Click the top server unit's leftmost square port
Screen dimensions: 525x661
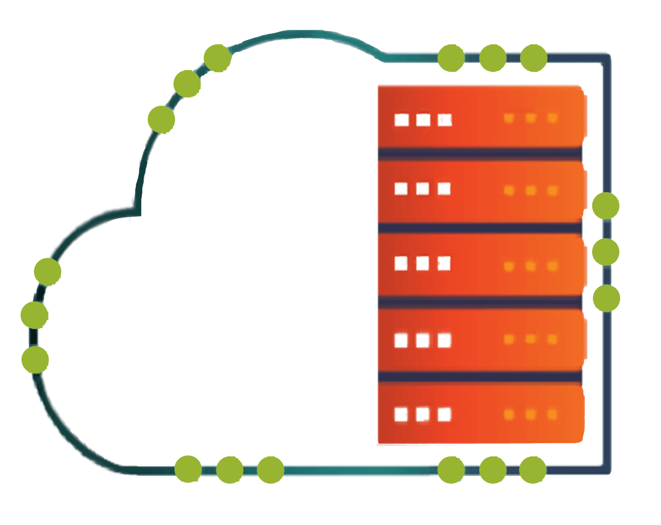pos(402,120)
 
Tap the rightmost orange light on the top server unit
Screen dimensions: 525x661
pos(552,118)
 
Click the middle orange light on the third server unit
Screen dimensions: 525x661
pos(531,266)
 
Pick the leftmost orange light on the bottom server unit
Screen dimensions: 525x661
pos(509,414)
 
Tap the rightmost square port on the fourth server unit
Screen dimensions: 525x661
pos(444,340)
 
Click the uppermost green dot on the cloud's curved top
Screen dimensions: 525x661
pos(218,58)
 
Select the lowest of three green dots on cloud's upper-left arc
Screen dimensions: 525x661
pos(161,119)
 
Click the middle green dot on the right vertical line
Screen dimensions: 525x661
pos(606,252)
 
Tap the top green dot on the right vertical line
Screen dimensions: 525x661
pos(606,206)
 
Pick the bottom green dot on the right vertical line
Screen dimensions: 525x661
pos(606,298)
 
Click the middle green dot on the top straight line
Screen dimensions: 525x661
pos(493,58)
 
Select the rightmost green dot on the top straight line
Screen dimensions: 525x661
pos(534,58)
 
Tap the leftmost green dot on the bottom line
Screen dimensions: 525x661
pos(188,469)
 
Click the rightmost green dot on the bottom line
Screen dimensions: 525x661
pos(533,470)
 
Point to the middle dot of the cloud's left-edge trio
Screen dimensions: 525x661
pos(34,315)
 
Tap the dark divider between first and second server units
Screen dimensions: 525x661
pos(480,154)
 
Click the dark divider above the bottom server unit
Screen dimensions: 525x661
pos(480,376)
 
